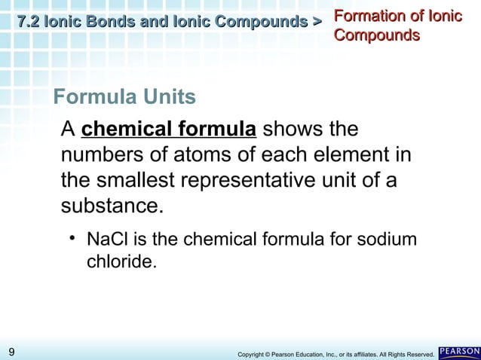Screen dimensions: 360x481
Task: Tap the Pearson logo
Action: click(x=458, y=352)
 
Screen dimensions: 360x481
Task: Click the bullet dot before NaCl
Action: click(x=73, y=239)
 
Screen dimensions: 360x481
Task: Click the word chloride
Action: click(x=121, y=264)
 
